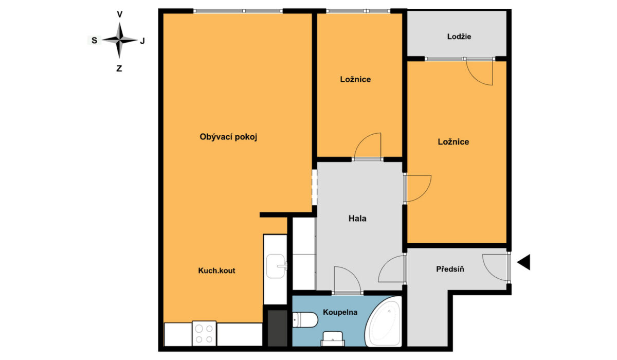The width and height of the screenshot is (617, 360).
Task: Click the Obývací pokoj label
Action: click(x=228, y=137)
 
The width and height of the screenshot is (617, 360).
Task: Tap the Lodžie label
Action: click(x=459, y=37)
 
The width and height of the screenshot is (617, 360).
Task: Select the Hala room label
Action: click(x=357, y=219)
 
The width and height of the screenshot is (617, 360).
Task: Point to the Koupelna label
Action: click(x=340, y=312)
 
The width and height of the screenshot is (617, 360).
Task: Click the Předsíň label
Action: click(x=450, y=269)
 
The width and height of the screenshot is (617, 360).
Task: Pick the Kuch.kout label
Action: click(x=216, y=271)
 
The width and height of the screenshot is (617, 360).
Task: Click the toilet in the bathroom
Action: click(x=305, y=320)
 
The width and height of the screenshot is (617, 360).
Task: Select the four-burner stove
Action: click(x=204, y=333)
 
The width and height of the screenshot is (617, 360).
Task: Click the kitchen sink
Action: click(x=276, y=266)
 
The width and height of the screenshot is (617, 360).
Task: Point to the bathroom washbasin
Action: click(x=333, y=339)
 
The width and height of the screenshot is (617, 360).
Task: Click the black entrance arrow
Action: click(x=523, y=262)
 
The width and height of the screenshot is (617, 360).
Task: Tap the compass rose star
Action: click(x=119, y=40)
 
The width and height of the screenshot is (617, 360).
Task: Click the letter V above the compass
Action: click(x=119, y=14)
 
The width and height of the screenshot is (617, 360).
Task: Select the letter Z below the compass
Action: click(x=119, y=68)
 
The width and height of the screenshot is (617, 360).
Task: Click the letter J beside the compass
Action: click(x=142, y=41)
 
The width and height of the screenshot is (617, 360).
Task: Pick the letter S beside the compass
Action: click(x=94, y=41)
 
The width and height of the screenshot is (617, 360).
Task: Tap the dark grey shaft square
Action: click(x=277, y=328)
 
